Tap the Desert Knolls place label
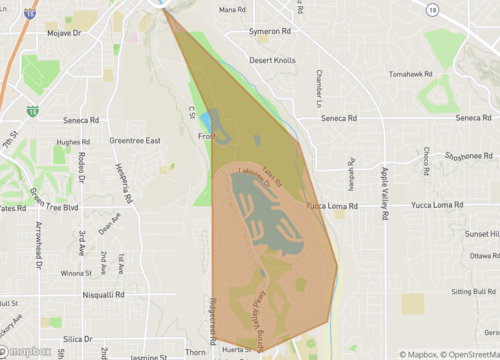273,60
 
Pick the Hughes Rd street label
74,142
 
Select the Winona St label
75,272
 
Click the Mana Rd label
232,10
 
